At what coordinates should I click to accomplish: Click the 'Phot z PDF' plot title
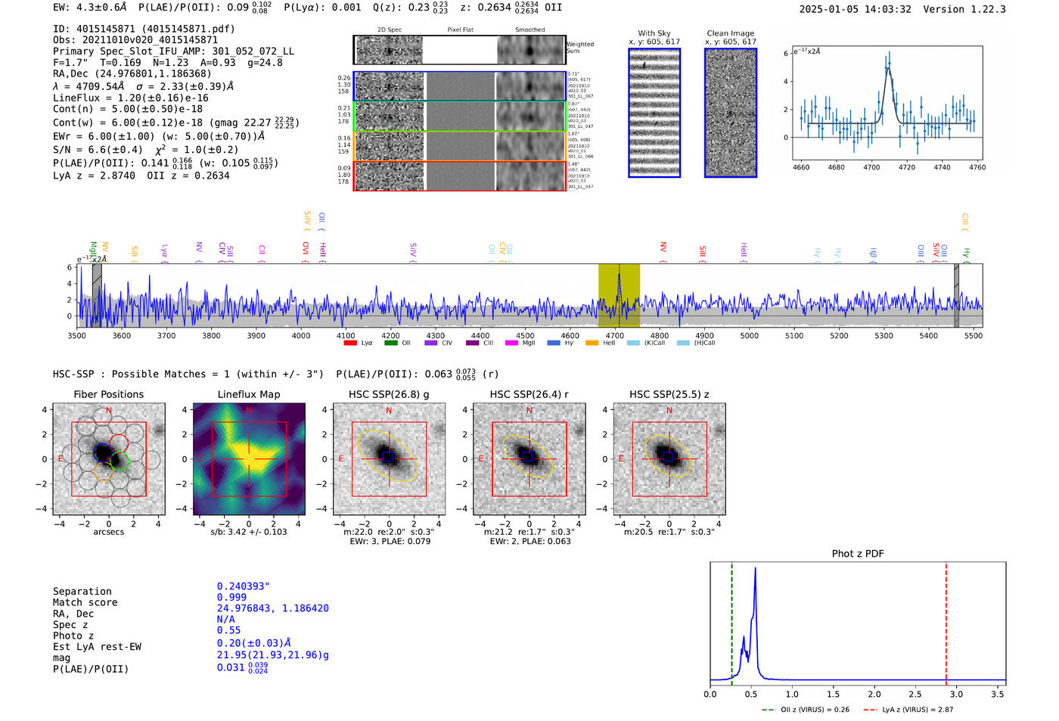click(x=858, y=554)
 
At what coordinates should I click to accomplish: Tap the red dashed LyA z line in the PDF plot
click(x=946, y=620)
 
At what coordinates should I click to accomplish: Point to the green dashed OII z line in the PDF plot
click(x=732, y=620)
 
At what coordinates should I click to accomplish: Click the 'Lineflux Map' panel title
click(x=249, y=394)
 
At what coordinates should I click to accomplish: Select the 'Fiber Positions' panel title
click(x=108, y=394)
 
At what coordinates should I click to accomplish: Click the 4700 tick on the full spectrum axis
click(x=615, y=336)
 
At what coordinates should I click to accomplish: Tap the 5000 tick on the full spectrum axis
click(x=750, y=336)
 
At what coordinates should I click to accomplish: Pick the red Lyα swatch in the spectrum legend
click(x=350, y=343)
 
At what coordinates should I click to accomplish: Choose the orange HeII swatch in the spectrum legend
click(x=592, y=343)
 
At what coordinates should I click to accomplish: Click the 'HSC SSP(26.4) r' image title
click(x=529, y=394)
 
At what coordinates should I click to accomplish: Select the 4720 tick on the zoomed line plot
click(x=906, y=167)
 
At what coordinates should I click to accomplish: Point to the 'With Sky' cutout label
click(x=654, y=33)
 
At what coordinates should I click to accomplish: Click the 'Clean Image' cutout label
click(x=730, y=33)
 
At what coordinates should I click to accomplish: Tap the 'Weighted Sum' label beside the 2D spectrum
click(x=580, y=48)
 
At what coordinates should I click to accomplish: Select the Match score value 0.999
click(x=231, y=597)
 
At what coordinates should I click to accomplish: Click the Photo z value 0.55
click(x=228, y=630)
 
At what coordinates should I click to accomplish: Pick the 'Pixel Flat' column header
click(x=460, y=30)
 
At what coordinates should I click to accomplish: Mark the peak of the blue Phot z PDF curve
click(x=755, y=569)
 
